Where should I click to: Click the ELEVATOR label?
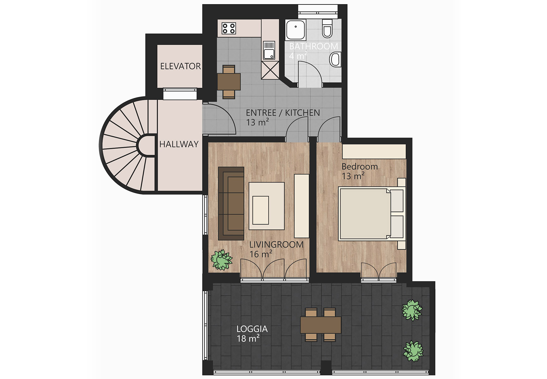coord(180,66)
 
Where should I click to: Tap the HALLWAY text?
coord(179,144)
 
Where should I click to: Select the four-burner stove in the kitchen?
coord(228,28)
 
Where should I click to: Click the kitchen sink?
coord(269,51)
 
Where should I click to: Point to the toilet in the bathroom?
coord(327,28)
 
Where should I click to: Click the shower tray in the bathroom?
coord(295,30)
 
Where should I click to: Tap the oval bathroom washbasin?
coord(335,59)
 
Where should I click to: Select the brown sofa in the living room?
coord(231,204)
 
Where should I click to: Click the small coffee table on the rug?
coord(260,210)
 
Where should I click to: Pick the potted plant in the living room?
coord(222,260)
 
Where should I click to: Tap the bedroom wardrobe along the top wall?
coord(374,151)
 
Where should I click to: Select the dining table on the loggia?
coord(321,325)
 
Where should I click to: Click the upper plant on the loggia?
coord(412,310)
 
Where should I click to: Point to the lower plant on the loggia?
coord(413,351)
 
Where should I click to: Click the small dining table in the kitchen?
coord(229,82)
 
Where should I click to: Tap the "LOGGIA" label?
coord(252,329)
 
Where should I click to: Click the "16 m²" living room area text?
coord(261,254)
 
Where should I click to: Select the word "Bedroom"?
coord(360,166)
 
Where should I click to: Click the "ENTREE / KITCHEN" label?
coord(283,113)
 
